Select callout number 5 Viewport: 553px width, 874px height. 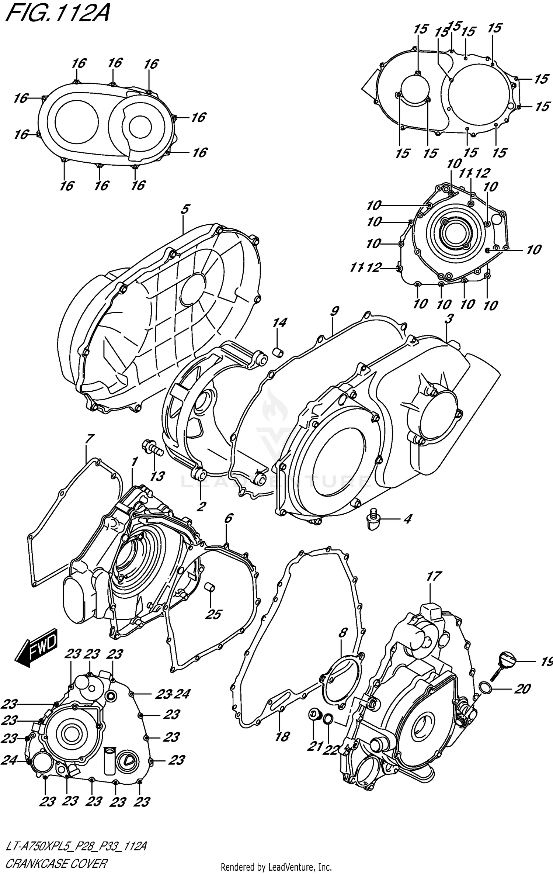coord(185,210)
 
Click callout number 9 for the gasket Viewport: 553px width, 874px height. coord(334,311)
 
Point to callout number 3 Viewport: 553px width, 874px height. coord(448,319)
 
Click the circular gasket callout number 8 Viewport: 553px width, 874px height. coord(342,633)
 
